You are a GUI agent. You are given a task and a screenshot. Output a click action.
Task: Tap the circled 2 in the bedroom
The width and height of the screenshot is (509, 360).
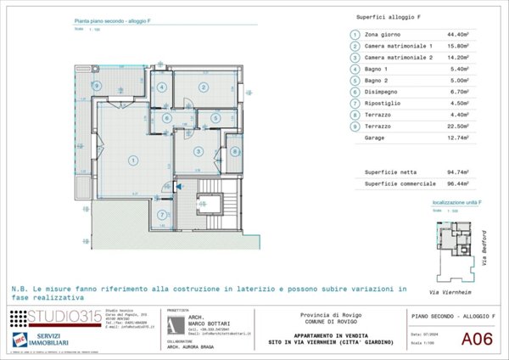tap(204, 87)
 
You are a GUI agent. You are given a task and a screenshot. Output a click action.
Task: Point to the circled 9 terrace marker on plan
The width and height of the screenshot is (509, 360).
tap(98, 87)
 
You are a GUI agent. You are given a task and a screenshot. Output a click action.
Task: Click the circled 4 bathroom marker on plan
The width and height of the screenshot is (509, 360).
tap(161, 87)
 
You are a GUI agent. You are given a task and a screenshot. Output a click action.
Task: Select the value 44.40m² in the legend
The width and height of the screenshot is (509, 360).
tap(433, 35)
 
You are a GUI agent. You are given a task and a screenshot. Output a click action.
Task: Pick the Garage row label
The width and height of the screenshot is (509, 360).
tap(377, 137)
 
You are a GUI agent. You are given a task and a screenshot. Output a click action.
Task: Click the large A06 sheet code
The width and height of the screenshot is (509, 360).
tap(476, 340)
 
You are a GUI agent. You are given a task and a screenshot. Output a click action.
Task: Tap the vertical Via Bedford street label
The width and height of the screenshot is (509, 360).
tap(485, 246)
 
